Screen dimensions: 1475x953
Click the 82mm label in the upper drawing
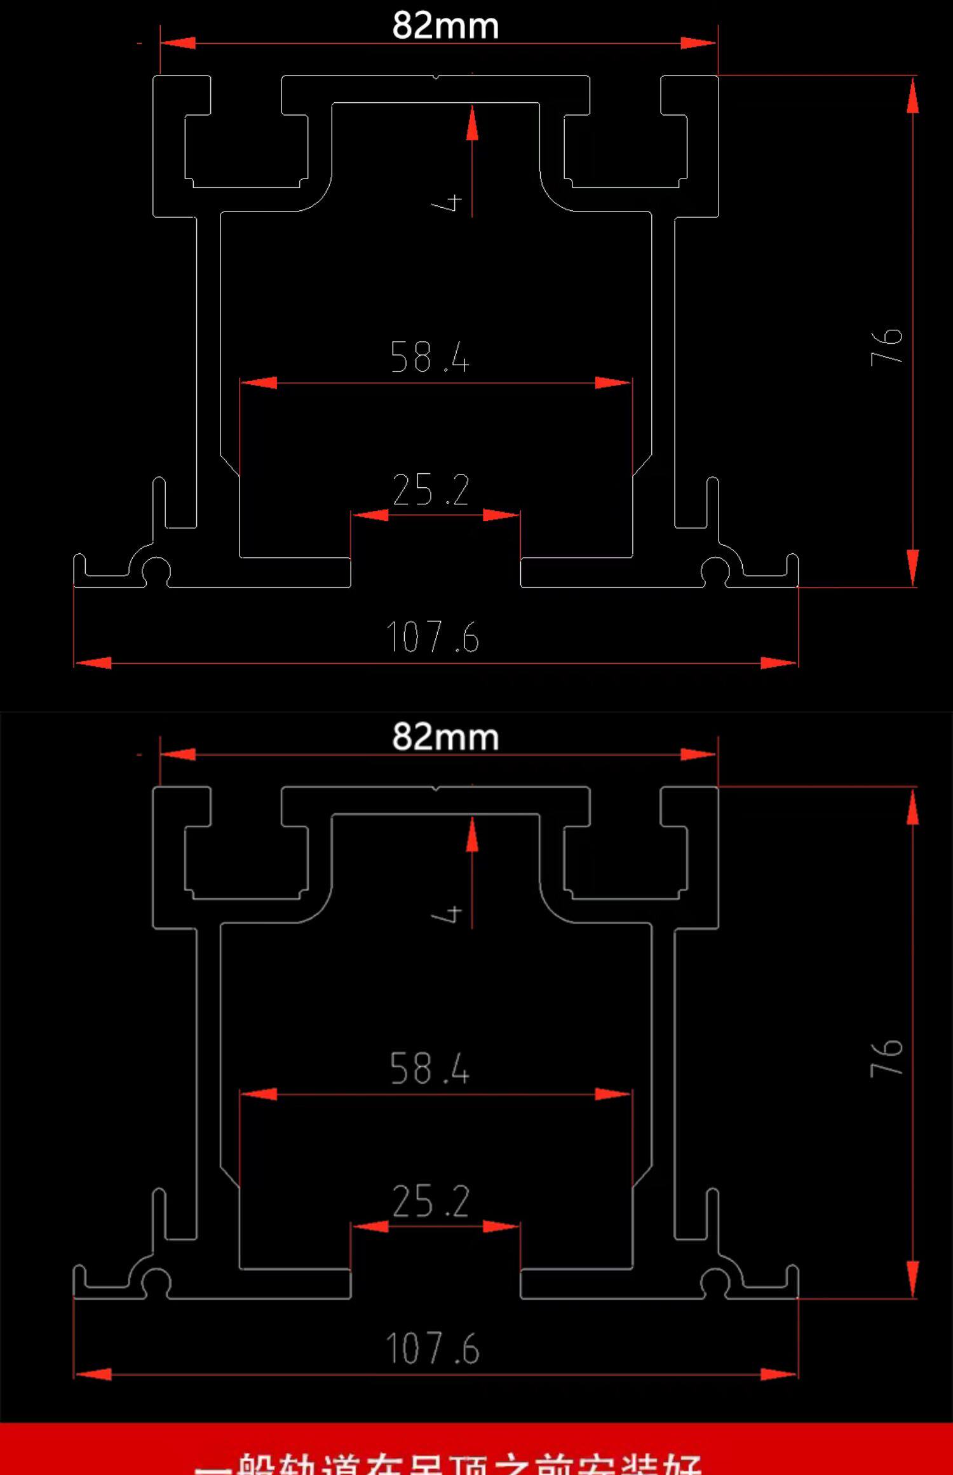click(445, 26)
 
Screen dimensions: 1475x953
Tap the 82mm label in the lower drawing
click(445, 737)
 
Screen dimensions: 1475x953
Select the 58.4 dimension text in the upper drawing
click(430, 357)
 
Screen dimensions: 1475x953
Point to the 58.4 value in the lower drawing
click(430, 1068)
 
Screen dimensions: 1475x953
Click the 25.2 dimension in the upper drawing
click(431, 490)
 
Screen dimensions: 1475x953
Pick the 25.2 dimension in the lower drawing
click(431, 1201)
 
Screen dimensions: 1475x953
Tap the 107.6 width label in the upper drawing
click(433, 637)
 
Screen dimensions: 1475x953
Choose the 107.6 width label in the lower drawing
click(433, 1349)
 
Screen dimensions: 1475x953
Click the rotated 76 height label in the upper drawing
click(887, 347)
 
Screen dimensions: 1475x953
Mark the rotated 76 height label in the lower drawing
click(887, 1058)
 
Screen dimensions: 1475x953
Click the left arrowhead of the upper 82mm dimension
click(178, 43)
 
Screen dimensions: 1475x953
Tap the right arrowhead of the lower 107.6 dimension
click(779, 1375)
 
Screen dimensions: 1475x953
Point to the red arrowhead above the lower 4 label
click(472, 834)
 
